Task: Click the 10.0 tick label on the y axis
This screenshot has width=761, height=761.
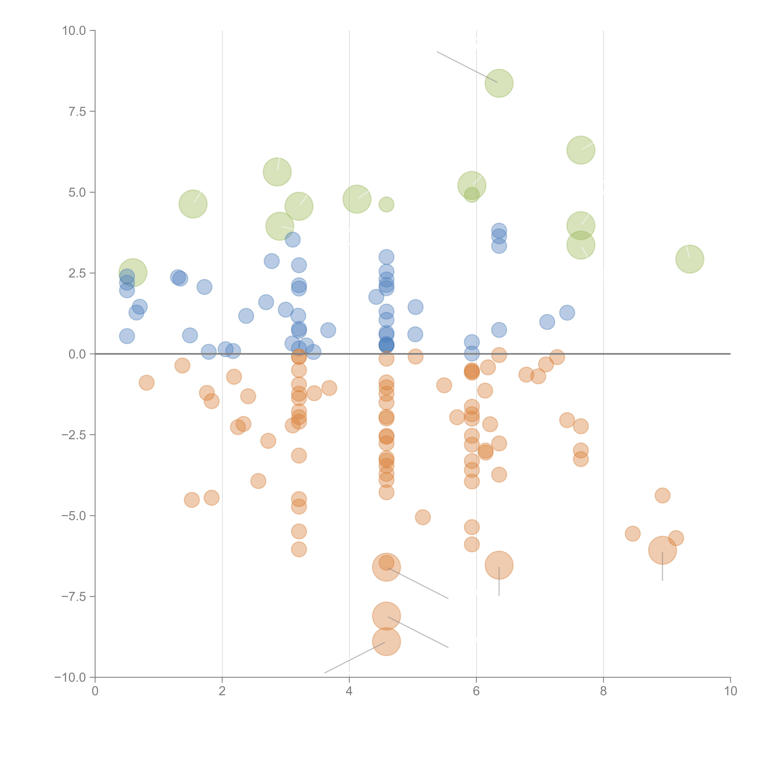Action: tap(74, 31)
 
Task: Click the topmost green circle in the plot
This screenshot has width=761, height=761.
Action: tap(499, 83)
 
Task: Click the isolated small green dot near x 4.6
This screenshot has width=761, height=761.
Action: tap(386, 204)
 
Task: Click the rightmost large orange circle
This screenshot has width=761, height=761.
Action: tap(663, 550)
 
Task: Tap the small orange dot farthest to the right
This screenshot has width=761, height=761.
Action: tap(676, 538)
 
